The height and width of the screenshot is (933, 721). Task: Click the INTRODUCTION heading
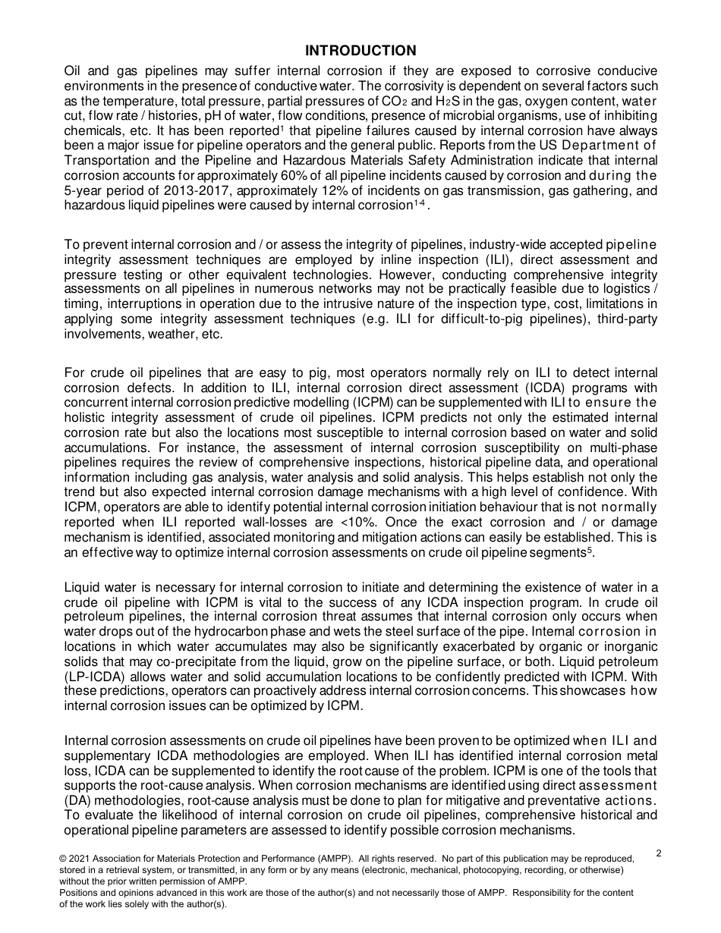[360, 51]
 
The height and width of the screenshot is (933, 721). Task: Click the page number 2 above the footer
[658, 853]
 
